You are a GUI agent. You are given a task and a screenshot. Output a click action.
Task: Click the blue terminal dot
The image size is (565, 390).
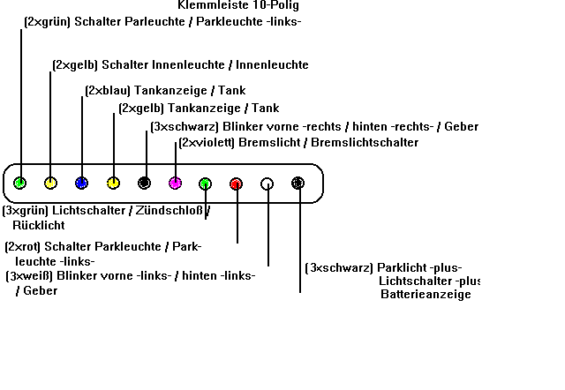pos(82,184)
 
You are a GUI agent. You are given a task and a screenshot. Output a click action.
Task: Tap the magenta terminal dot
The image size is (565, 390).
pos(175,184)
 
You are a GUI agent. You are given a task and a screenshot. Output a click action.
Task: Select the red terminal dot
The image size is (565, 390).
pos(236,184)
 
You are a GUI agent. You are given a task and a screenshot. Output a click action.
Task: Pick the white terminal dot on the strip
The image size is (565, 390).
pos(267,184)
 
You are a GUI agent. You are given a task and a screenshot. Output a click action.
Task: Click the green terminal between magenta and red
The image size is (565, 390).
pos(205,184)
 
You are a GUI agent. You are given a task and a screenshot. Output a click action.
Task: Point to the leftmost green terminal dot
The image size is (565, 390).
pos(20,184)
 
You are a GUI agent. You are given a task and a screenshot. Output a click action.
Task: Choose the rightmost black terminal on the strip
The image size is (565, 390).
pos(298,184)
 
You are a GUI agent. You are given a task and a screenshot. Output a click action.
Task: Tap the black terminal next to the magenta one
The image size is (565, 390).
pos(145,184)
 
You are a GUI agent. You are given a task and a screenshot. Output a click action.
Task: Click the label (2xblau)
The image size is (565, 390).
pos(107,90)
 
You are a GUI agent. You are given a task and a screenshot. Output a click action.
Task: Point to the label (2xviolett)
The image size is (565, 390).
pos(206,142)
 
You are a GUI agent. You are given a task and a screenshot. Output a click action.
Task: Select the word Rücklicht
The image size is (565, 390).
pos(39,225)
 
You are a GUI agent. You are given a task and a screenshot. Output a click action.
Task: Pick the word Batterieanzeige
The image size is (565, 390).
pos(425,295)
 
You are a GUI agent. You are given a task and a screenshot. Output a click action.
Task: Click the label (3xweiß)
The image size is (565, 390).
pos(29,276)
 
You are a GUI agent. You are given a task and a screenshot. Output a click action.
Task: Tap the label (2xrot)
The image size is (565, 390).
pos(23,246)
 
